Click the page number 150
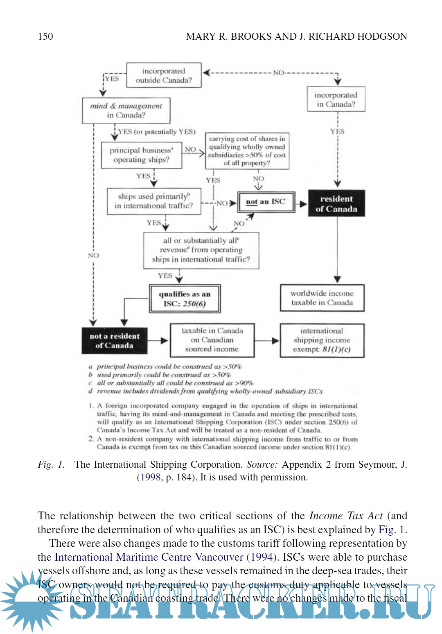click(x=45, y=36)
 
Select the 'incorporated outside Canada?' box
click(x=164, y=75)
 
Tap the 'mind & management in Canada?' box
click(x=126, y=110)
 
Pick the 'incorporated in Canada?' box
click(x=336, y=99)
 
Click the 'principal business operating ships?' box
click(x=141, y=155)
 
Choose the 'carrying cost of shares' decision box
click(x=247, y=151)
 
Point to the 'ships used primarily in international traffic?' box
click(x=154, y=201)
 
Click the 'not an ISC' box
click(x=266, y=202)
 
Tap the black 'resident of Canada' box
click(x=336, y=204)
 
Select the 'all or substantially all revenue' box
click(x=201, y=250)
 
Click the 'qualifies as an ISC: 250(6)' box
click(x=185, y=299)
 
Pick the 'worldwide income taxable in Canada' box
click(x=322, y=298)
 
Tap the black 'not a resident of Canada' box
click(x=115, y=341)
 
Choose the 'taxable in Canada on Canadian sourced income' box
click(x=212, y=340)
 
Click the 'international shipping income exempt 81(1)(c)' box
click(x=322, y=340)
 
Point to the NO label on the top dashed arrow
click(x=279, y=72)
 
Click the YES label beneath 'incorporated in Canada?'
click(x=337, y=131)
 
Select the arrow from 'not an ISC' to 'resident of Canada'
click(x=302, y=204)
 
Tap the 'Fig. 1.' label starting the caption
click(x=51, y=464)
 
